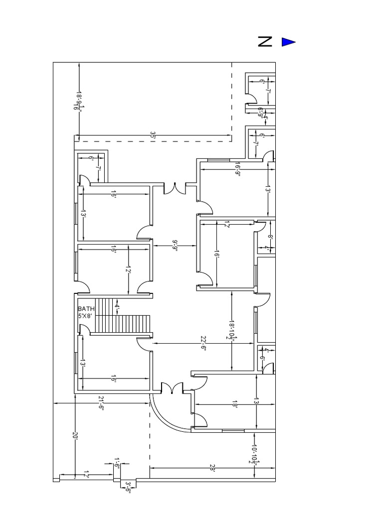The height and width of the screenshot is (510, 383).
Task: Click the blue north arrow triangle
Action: tap(288, 42)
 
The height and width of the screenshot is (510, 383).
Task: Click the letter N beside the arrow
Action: tap(265, 42)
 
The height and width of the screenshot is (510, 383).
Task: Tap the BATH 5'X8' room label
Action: tap(86, 312)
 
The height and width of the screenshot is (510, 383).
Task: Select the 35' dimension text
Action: tap(153, 135)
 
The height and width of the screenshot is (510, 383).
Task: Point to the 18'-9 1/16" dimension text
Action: tap(79, 100)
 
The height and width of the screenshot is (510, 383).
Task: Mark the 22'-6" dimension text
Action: tap(203, 344)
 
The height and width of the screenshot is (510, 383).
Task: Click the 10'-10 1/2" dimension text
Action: tap(254, 454)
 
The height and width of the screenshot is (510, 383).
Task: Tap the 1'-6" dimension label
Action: tap(117, 463)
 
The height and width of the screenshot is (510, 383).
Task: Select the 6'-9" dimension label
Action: tap(260, 112)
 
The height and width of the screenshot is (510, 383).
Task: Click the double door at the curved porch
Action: tap(172, 389)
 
